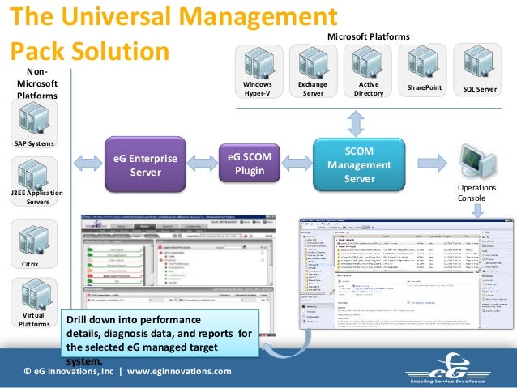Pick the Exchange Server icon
[313, 61]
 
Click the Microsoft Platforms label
[368, 38]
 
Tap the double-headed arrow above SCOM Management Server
[354, 123]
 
